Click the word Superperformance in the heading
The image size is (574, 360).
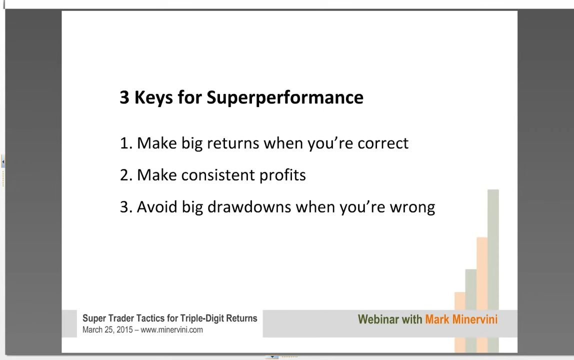click(x=285, y=98)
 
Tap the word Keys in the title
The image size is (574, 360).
click(x=153, y=98)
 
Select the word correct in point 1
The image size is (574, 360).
click(x=383, y=143)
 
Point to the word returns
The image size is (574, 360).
click(x=233, y=143)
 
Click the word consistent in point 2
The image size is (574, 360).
click(x=218, y=175)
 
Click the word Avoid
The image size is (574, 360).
click(x=157, y=207)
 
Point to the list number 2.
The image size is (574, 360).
click(x=125, y=175)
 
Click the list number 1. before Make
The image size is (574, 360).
click(x=125, y=143)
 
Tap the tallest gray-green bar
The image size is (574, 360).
click(x=493, y=271)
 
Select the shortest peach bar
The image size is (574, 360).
click(x=460, y=322)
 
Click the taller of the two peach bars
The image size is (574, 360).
click(x=482, y=295)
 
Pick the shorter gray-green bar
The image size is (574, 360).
click(x=471, y=311)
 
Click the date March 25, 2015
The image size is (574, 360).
click(x=107, y=330)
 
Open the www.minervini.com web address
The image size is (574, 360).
click(x=171, y=330)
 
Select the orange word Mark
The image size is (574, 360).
click(x=437, y=319)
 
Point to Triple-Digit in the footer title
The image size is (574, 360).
click(x=201, y=318)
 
